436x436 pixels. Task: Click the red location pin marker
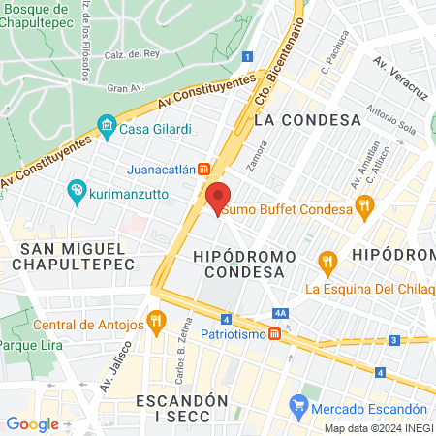[218, 198]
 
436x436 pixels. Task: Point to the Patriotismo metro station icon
[275, 333]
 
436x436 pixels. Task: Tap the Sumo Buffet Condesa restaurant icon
[364, 204]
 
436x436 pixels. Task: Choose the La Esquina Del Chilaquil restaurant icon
[328, 261]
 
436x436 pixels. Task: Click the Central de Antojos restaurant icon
[155, 320]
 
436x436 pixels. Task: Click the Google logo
[32, 424]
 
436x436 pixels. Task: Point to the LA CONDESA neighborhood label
[306, 120]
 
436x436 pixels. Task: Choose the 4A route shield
[281, 313]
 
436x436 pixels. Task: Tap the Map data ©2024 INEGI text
[379, 428]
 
